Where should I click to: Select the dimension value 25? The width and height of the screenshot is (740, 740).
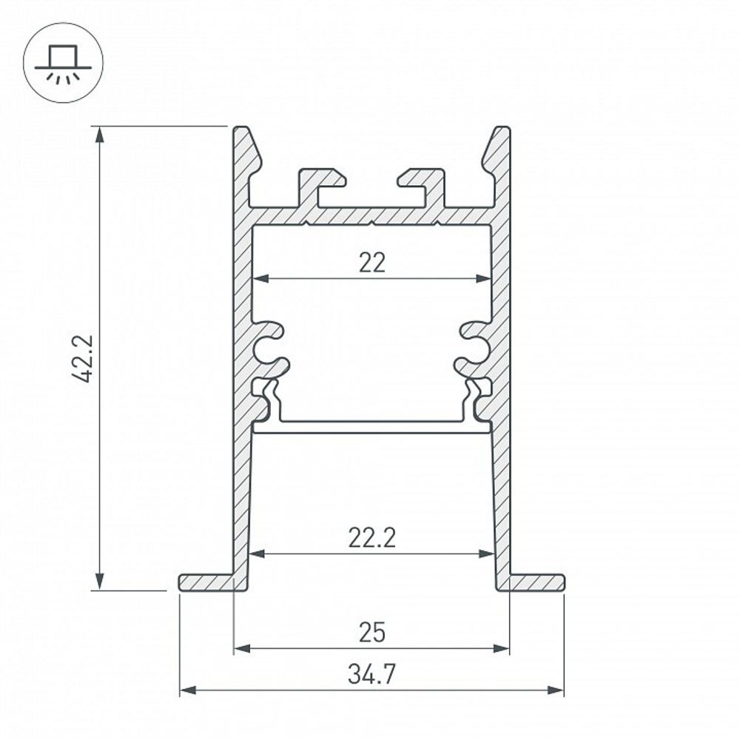click(372, 633)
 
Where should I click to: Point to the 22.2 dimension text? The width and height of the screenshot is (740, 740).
click(372, 538)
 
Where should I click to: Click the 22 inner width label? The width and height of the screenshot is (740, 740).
click(372, 263)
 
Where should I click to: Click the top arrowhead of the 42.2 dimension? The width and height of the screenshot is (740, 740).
click(98, 133)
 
